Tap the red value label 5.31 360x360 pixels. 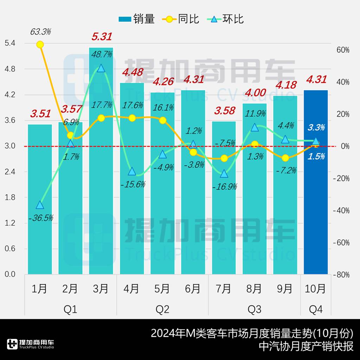point(102,36)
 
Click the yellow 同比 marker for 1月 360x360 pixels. point(40,45)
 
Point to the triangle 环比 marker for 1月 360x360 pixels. point(40,205)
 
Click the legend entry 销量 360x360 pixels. point(137,19)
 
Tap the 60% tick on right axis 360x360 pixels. point(343,50)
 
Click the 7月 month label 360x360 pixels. point(224,289)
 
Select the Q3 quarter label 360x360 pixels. point(254,309)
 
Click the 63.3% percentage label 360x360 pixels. point(40,32)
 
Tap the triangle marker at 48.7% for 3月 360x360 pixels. point(101,68)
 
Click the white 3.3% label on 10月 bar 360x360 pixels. point(316,127)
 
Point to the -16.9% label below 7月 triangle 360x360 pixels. point(224,186)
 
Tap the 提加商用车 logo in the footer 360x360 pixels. point(30,344)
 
